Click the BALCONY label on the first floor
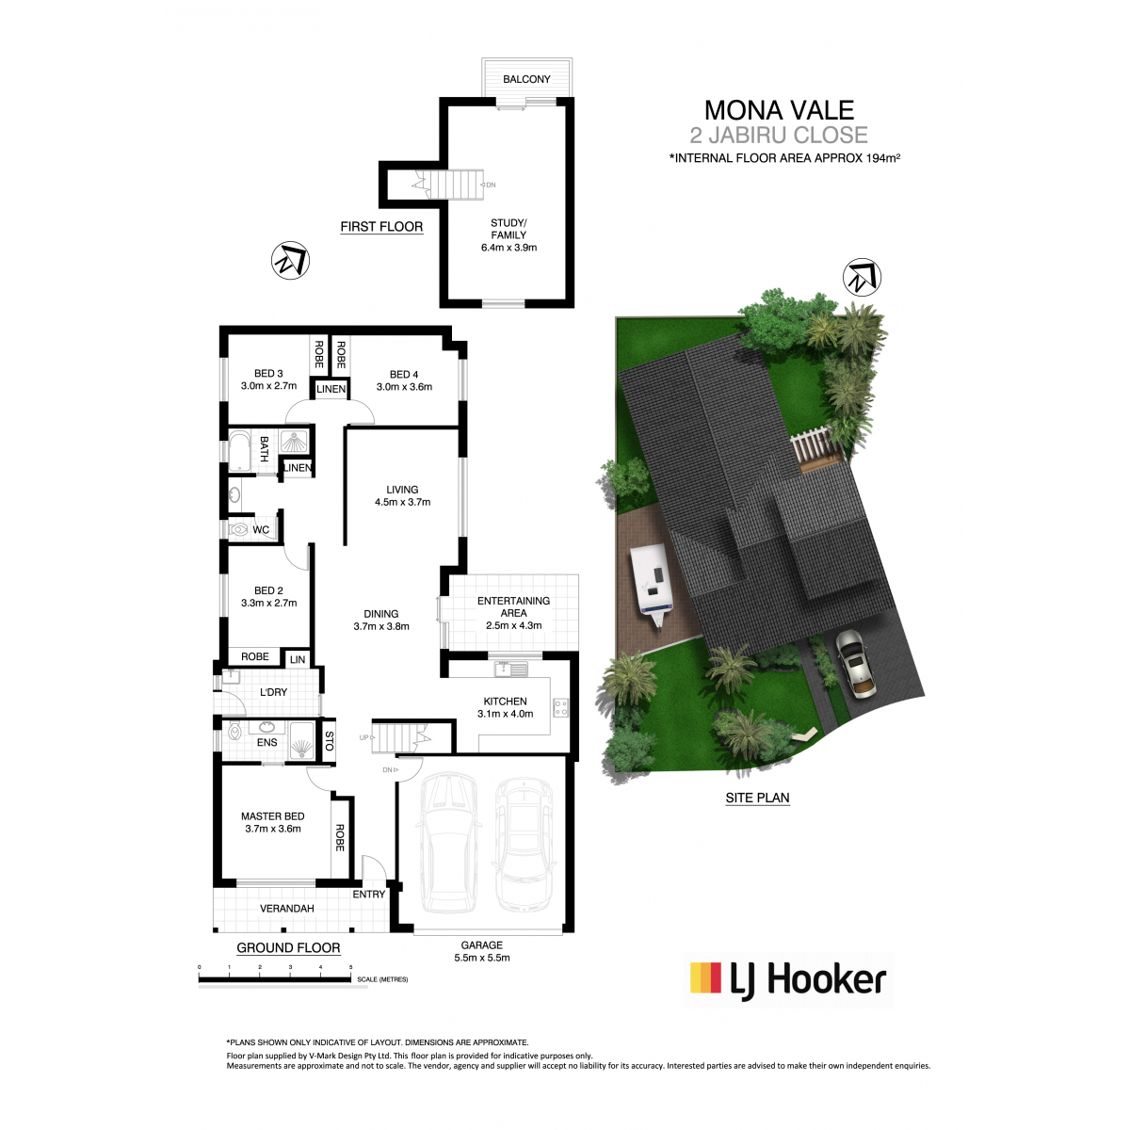click(526, 79)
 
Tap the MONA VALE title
click(779, 109)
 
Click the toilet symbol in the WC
click(238, 529)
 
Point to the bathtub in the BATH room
click(238, 451)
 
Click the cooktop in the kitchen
click(560, 708)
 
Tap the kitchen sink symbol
click(510, 669)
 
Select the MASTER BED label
click(273, 815)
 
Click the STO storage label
click(329, 741)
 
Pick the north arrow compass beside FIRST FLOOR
click(290, 260)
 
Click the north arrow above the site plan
click(862, 277)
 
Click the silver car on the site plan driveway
click(856, 665)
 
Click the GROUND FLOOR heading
click(288, 947)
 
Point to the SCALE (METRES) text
click(382, 979)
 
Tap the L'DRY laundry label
click(273, 692)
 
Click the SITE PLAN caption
click(757, 798)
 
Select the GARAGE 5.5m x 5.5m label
click(481, 951)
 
